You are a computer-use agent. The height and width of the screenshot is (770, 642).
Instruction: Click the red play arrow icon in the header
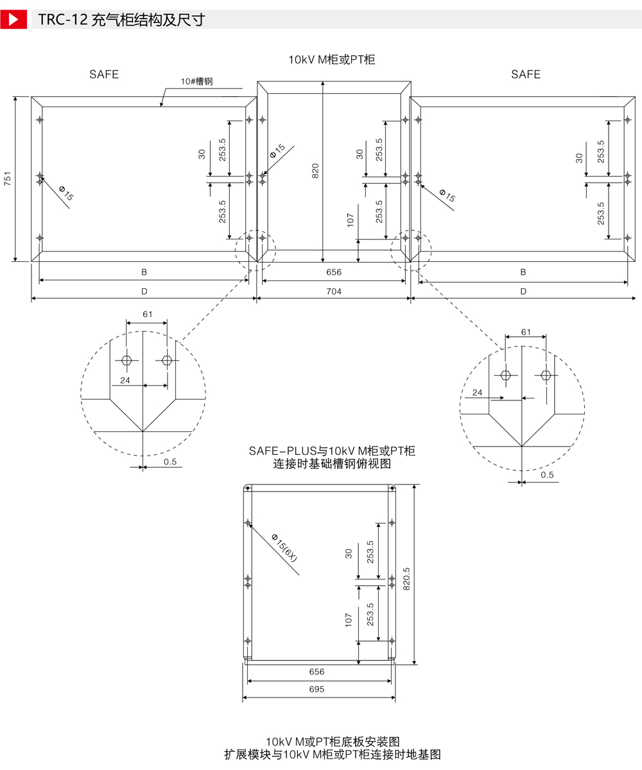tap(13, 19)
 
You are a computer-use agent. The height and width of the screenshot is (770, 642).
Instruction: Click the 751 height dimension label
tap(8, 178)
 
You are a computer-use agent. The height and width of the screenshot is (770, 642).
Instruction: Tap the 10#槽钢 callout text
tap(196, 81)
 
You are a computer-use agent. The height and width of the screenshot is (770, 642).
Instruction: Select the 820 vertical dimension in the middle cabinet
tap(315, 171)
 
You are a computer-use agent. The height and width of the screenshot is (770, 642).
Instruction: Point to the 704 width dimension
tap(334, 291)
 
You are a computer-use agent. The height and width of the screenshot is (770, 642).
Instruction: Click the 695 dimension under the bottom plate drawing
tap(317, 689)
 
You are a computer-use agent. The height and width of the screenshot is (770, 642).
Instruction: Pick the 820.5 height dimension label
tap(406, 579)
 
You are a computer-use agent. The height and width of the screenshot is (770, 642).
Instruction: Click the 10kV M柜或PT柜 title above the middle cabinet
tap(332, 60)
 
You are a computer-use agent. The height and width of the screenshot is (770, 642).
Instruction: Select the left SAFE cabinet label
tap(104, 74)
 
